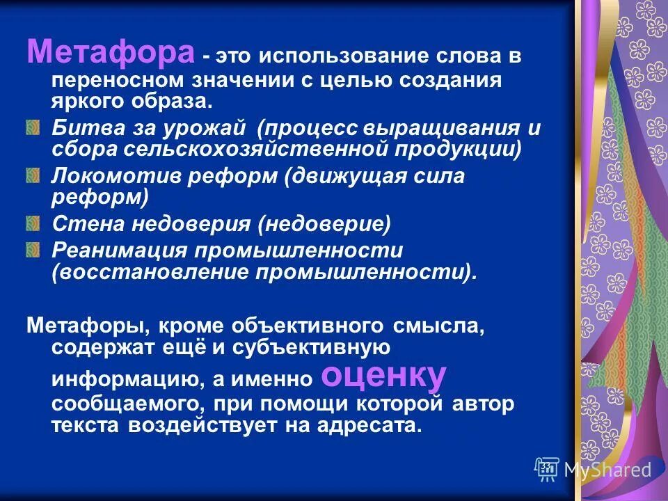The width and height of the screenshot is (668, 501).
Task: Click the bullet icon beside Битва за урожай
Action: tap(33, 128)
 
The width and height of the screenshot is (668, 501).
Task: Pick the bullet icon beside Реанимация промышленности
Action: tap(33, 248)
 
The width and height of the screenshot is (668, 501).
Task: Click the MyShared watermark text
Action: tap(607, 470)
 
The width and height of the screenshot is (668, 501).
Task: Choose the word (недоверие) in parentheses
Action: tap(324, 224)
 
